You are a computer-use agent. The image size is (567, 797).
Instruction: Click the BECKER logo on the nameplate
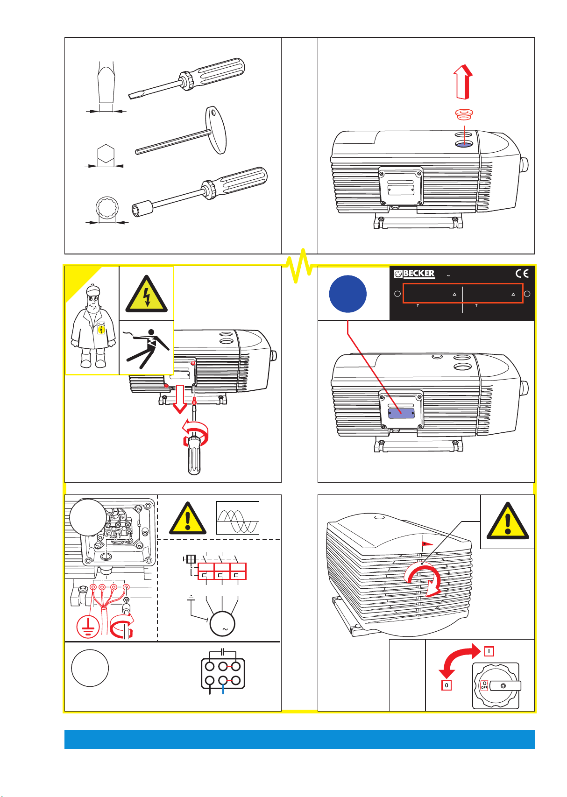(x=414, y=274)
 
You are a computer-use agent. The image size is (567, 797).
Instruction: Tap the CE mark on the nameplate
(x=522, y=274)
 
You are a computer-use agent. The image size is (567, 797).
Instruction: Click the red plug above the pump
(x=464, y=114)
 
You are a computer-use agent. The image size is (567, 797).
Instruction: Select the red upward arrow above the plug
(x=463, y=82)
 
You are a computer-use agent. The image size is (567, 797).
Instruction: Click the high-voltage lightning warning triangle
(x=147, y=294)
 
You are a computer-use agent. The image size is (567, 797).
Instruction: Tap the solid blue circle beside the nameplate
(x=347, y=294)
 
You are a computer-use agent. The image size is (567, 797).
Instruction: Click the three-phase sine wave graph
(x=237, y=518)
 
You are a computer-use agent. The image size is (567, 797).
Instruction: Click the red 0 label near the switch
(x=447, y=685)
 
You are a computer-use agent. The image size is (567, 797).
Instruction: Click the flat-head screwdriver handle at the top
(x=220, y=73)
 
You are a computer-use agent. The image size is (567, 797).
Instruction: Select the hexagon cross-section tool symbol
(x=106, y=154)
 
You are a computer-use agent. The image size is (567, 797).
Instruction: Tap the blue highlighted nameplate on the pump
(x=401, y=413)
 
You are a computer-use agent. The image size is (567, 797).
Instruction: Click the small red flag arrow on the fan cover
(x=426, y=543)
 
